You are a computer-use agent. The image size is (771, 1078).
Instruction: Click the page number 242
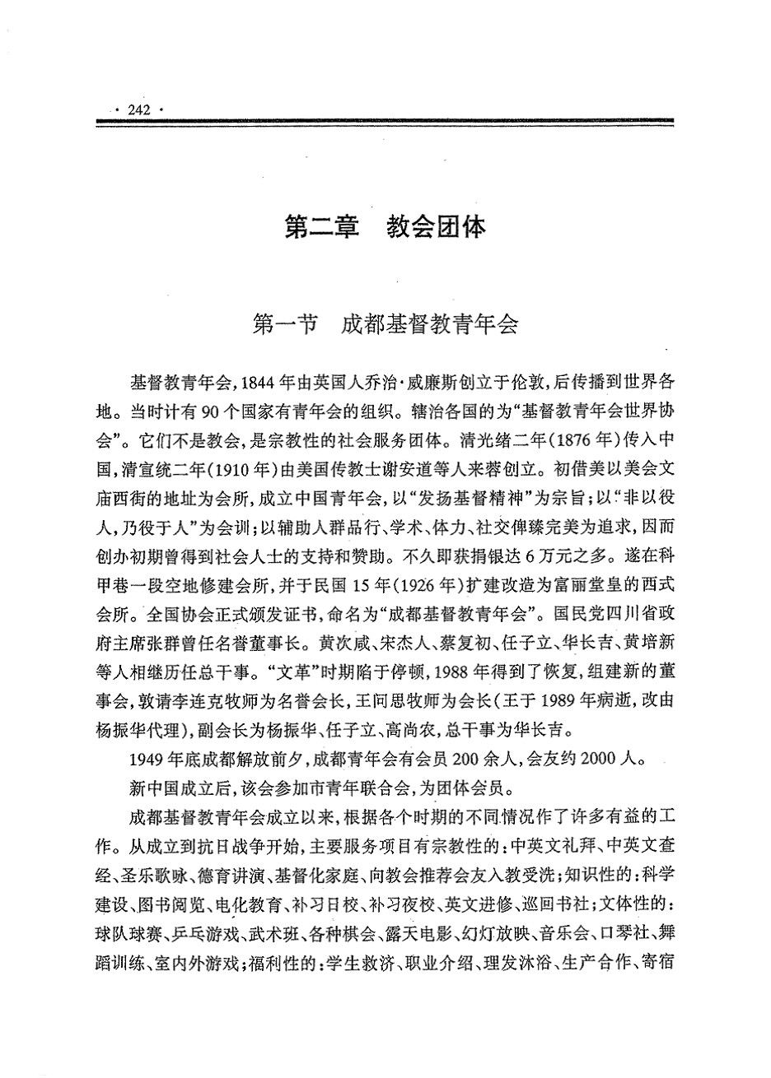pos(138,109)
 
